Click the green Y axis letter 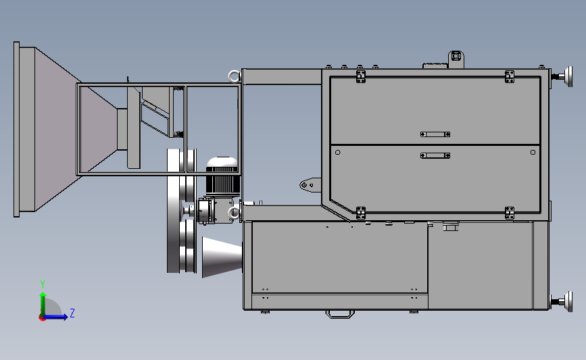(x=43, y=284)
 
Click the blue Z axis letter (x=72, y=313)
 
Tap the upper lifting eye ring (x=234, y=76)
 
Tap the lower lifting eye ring (x=234, y=213)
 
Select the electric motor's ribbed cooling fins (x=223, y=184)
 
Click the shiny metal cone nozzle (x=222, y=257)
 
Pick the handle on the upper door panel (x=435, y=134)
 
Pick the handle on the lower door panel (x=435, y=155)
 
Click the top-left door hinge (x=361, y=76)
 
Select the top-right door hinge (x=510, y=76)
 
